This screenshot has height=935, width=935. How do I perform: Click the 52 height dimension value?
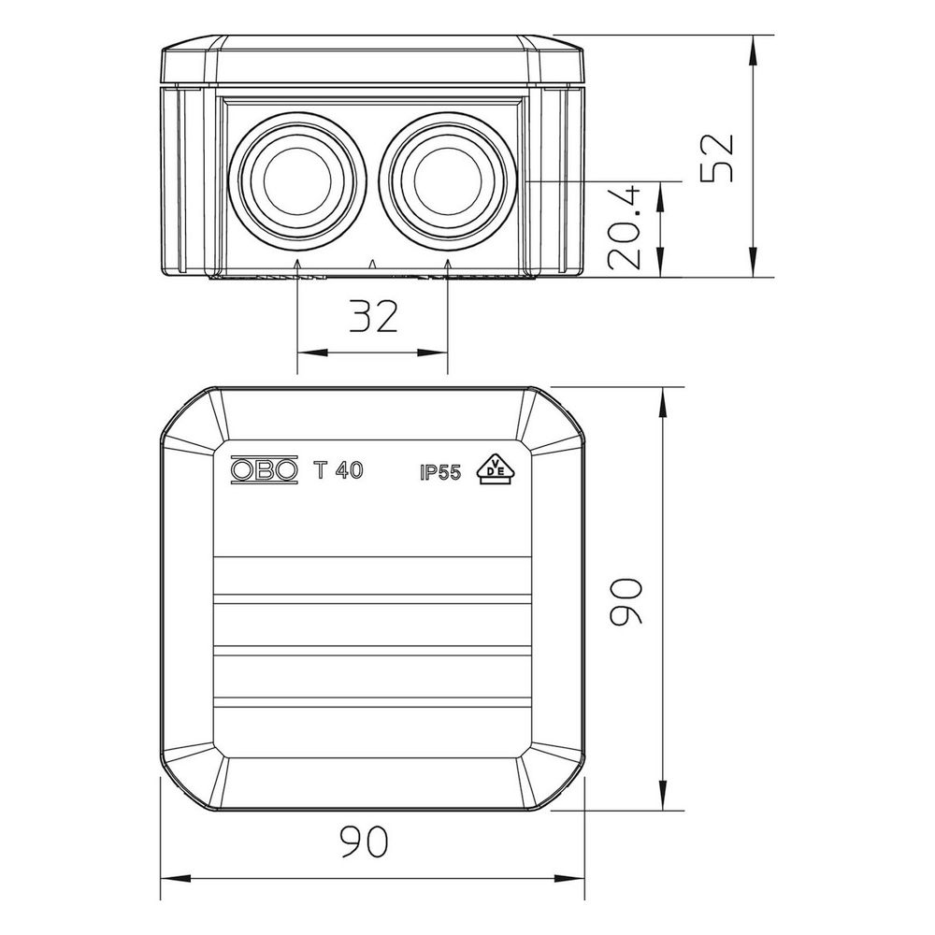(x=717, y=158)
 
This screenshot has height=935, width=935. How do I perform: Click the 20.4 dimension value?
(x=625, y=228)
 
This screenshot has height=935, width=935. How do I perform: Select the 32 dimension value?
(x=373, y=316)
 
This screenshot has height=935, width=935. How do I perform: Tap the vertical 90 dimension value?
(x=626, y=601)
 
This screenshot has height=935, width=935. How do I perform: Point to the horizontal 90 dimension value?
(x=365, y=841)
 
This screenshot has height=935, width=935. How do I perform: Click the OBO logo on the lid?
(x=264, y=470)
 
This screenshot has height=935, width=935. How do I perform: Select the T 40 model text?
(x=338, y=470)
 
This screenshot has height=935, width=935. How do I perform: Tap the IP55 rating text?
(x=440, y=473)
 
